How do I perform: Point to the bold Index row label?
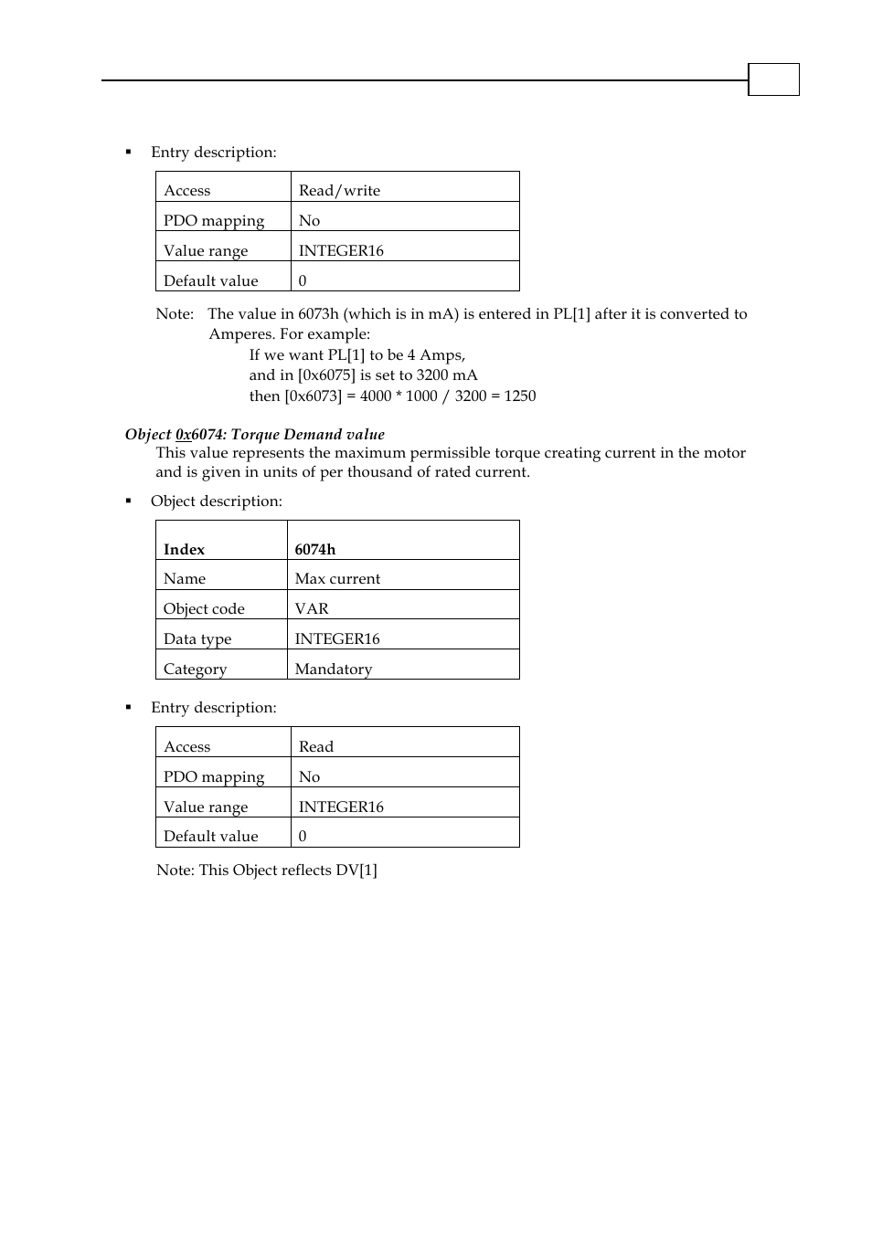184,549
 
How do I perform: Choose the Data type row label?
197,638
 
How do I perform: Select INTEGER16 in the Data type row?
337,638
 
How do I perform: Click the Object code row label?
204,608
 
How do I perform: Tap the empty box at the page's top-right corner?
773,79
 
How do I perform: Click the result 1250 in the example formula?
519,396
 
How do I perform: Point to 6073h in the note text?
318,313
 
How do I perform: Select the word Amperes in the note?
238,333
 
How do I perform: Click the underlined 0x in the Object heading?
184,434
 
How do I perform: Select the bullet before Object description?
129,501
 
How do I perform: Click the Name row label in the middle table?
185,578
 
